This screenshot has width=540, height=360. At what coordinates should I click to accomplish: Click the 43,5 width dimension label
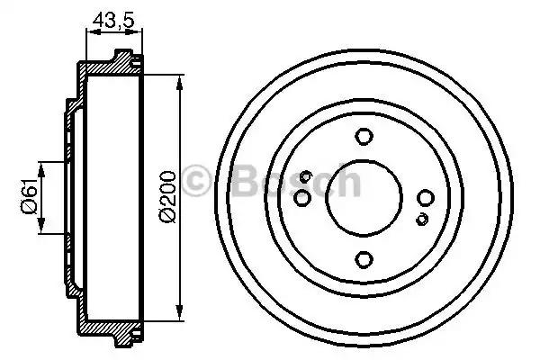pos(112,20)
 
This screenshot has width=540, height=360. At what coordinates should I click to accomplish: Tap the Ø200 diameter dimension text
pos(167,196)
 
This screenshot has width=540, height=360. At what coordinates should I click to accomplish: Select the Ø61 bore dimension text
pos(30,196)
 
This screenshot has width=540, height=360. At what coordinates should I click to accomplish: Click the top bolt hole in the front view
pos(364,137)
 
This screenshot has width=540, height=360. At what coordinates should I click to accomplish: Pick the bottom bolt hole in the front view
pos(364,259)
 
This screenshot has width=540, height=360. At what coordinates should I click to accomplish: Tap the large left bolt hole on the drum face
pos(302,198)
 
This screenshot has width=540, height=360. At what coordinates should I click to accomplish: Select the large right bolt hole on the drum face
pos(426,198)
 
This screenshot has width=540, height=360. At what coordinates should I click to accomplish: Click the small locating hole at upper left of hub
pos(305,177)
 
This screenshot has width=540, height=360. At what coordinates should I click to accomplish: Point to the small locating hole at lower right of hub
pos(422,219)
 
